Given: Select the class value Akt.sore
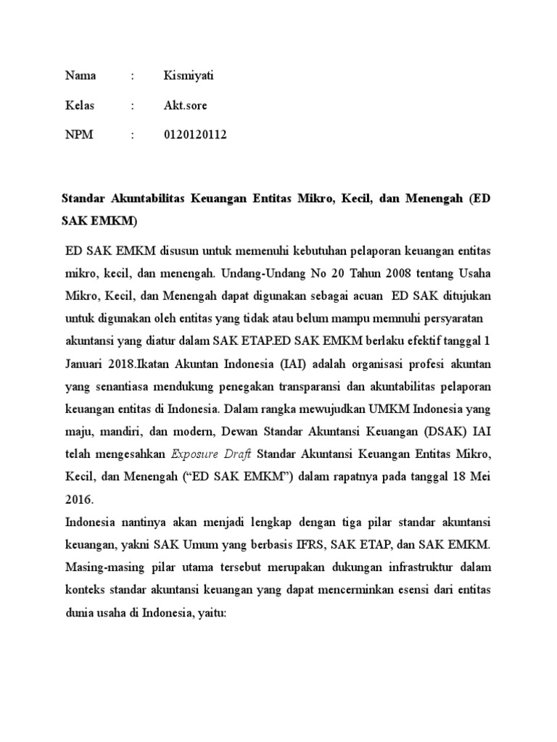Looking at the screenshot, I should pos(186,105).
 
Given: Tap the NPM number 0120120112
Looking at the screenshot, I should pos(195,135).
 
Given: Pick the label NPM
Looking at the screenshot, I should pos(79,135).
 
